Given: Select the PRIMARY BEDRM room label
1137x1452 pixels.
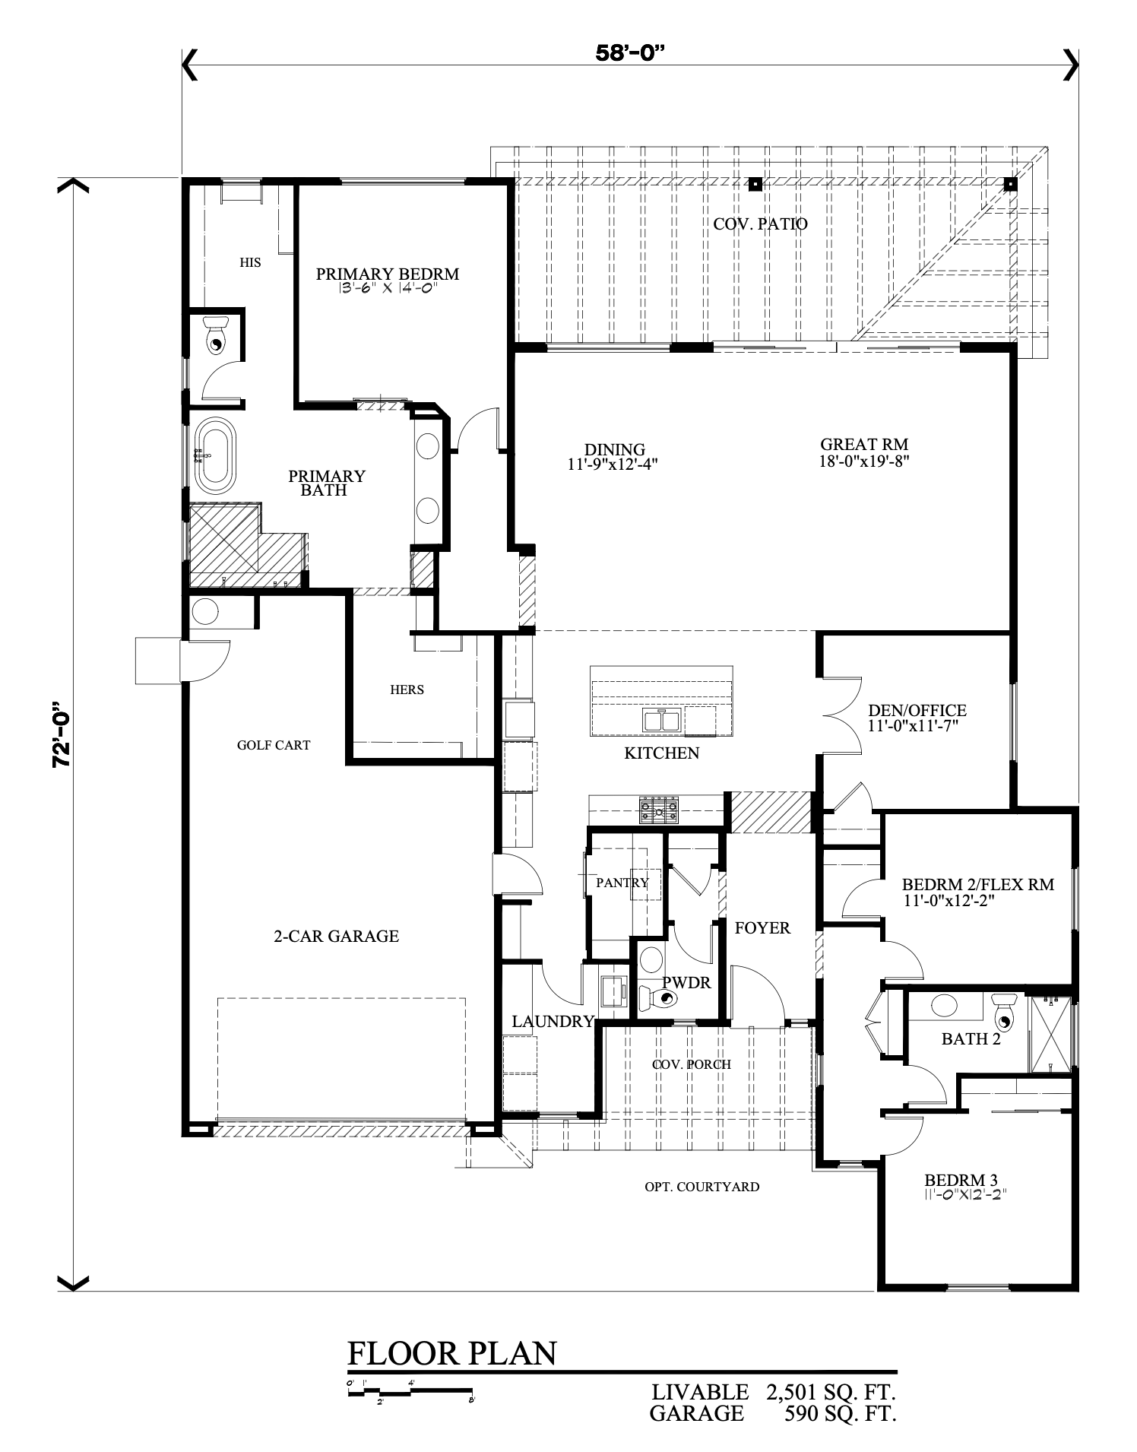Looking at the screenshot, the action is (x=388, y=274).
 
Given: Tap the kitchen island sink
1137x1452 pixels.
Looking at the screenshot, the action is (x=662, y=719).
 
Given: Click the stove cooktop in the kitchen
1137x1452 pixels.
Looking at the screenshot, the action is (x=660, y=810).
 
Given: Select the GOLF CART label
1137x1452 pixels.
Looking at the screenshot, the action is (x=274, y=745).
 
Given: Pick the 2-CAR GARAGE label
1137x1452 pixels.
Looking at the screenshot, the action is (x=336, y=937).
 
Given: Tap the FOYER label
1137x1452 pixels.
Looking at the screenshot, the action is (x=762, y=928).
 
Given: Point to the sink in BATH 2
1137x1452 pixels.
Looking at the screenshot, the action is (x=945, y=1005).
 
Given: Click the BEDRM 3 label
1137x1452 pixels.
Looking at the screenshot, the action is (x=961, y=1181).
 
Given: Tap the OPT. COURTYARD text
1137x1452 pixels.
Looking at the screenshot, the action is (x=702, y=1187).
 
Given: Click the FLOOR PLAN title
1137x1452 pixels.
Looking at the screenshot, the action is (x=452, y=1354).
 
